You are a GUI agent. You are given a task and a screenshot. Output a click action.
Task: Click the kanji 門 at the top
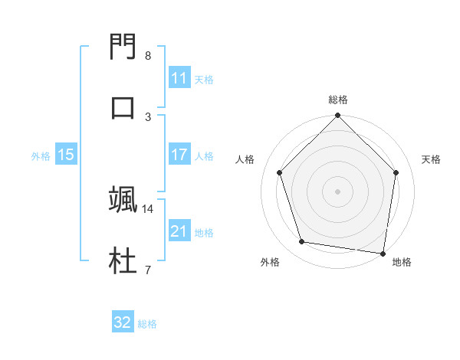[x=123, y=48]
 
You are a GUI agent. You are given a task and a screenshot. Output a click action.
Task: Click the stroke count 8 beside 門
[x=148, y=56]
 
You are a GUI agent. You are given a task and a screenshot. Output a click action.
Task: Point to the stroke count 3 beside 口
[x=148, y=116]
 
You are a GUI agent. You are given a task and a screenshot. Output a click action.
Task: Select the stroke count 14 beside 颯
[x=148, y=208]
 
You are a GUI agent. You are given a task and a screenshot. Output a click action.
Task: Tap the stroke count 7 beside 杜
[x=148, y=269]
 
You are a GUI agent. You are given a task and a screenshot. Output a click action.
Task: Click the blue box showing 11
[x=179, y=78]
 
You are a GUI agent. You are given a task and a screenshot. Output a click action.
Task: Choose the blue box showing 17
[x=179, y=155]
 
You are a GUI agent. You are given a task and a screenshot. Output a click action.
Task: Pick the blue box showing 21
[x=179, y=231]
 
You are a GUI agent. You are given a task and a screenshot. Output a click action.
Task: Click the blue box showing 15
[x=66, y=155]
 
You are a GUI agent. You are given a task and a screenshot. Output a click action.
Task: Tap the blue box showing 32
[x=123, y=322]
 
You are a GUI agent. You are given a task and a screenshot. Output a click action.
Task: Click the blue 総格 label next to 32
[x=148, y=324]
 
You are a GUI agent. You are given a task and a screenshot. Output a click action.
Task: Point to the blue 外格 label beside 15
[x=41, y=156]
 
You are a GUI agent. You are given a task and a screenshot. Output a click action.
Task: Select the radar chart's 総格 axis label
[x=338, y=100]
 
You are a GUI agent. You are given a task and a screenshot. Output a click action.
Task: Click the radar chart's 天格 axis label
[x=431, y=159]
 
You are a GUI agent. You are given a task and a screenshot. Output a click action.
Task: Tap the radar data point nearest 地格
[x=383, y=253]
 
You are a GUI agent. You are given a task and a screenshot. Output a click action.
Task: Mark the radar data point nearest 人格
[x=280, y=172]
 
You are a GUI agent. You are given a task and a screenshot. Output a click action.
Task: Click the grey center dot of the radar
[x=338, y=191]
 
